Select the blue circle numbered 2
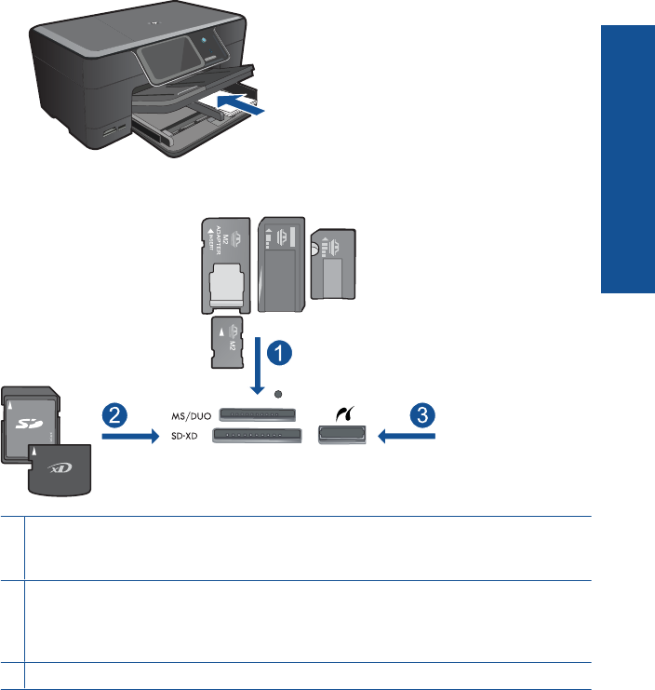[114, 415]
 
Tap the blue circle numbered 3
[424, 415]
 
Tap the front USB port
[341, 434]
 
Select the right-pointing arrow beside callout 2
[126, 435]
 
